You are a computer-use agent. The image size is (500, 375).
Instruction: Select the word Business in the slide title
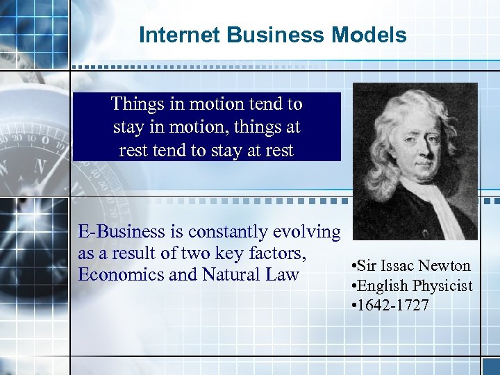[260, 35]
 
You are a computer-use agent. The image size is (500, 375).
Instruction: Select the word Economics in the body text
[122, 275]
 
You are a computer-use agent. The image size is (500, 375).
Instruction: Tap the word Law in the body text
[283, 275]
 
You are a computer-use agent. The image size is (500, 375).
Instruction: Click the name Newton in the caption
[444, 266]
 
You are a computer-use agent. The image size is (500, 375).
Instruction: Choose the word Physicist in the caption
[442, 286]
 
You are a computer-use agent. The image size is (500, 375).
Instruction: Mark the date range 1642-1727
[394, 306]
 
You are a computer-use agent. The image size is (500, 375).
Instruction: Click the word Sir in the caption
[368, 266]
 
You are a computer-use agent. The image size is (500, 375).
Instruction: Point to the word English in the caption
[384, 286]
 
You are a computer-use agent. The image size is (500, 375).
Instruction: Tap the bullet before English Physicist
[354, 286]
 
